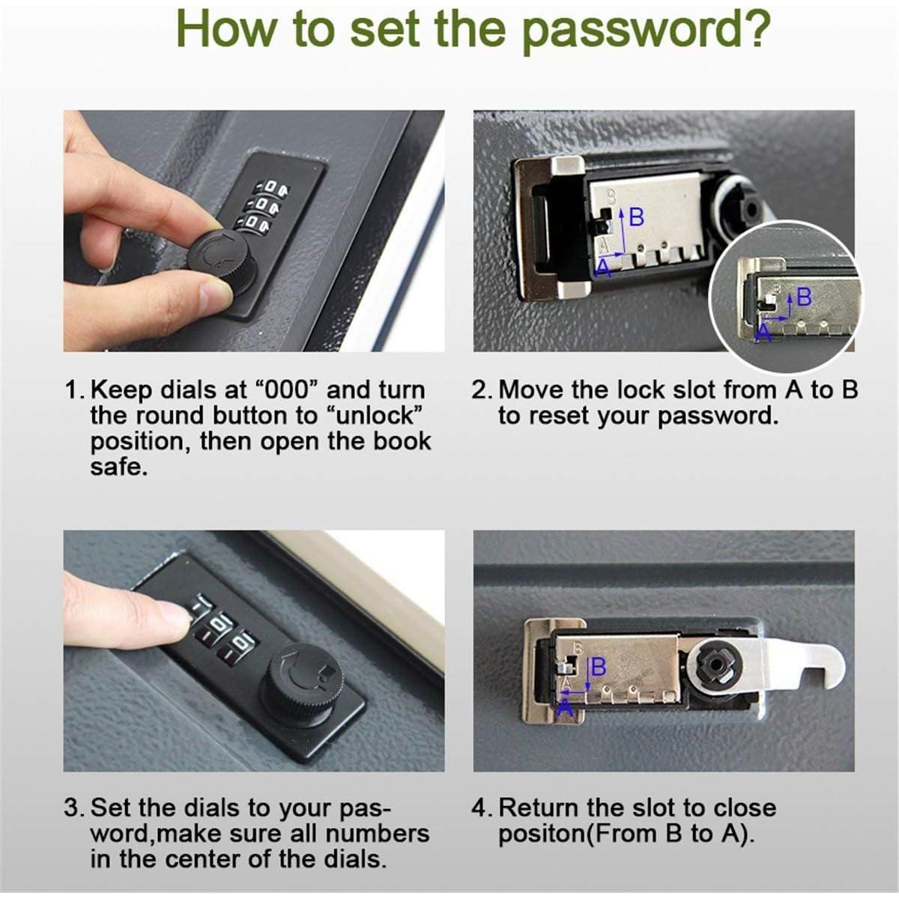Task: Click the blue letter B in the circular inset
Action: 804,297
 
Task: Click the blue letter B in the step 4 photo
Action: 598,667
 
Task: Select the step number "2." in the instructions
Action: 482,390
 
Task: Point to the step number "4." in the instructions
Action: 482,808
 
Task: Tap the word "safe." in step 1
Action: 118,467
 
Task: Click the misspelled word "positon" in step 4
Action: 543,834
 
